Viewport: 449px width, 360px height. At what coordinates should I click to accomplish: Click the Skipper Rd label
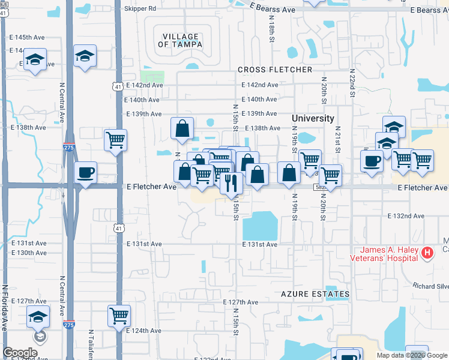139,9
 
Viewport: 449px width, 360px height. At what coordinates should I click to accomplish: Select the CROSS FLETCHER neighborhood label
275,70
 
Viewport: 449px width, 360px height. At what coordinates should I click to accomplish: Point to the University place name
313,118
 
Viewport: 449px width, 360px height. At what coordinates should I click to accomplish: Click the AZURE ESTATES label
315,294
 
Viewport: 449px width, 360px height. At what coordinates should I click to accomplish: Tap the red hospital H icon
427,253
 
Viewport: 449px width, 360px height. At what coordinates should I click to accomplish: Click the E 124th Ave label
143,331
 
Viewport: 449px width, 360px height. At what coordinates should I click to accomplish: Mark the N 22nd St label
352,83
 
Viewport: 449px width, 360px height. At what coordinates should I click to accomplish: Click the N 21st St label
338,139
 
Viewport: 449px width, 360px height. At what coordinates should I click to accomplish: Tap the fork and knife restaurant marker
231,182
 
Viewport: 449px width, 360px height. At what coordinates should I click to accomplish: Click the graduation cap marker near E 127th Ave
38,316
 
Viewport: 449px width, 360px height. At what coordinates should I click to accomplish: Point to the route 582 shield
320,187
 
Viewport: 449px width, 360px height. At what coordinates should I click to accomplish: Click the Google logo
20,353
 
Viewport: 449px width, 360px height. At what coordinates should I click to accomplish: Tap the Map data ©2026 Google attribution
412,355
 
